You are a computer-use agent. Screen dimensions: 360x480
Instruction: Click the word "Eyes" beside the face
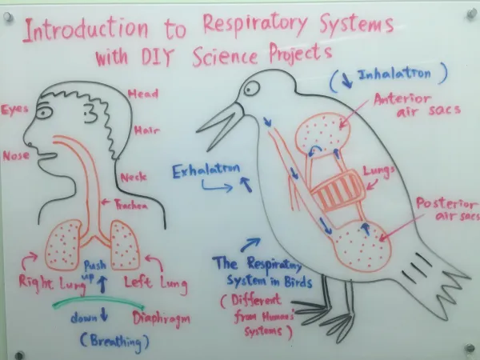pyautogui.click(x=16, y=109)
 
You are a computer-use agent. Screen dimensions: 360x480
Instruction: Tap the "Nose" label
pyautogui.click(x=17, y=155)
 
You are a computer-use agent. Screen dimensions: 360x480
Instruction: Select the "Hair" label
pyautogui.click(x=147, y=130)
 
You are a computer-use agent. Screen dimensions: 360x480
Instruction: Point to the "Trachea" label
pyautogui.click(x=130, y=206)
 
